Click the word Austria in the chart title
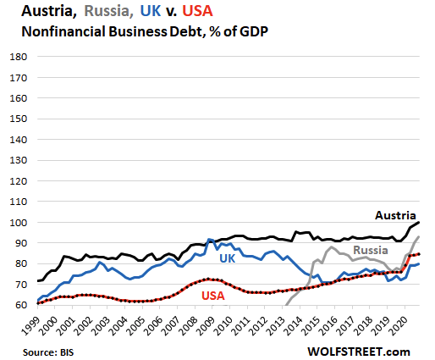tap(48, 11)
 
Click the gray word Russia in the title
tap(108, 11)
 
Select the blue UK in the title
tap(151, 11)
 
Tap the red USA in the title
tap(197, 11)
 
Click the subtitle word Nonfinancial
tap(63, 31)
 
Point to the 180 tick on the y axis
tap(19, 57)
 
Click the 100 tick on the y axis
tap(19, 223)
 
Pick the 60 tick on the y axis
tap(20, 305)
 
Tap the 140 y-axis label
tap(19, 140)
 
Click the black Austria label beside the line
tap(395, 215)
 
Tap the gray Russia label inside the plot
tap(371, 250)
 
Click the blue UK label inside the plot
tap(227, 258)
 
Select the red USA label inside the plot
tap(213, 296)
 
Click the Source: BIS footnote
tap(48, 352)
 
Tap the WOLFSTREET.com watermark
tap(359, 352)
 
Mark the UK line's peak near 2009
tap(209, 239)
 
